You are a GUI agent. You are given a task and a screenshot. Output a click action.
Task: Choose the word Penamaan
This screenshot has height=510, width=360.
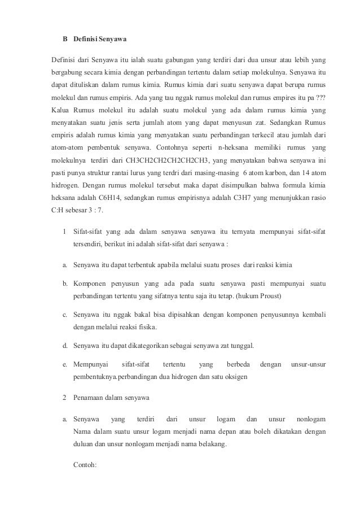91,398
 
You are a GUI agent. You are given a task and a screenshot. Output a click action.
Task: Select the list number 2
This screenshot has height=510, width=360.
65,398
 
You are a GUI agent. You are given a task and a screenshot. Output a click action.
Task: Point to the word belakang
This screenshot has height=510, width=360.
209,444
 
